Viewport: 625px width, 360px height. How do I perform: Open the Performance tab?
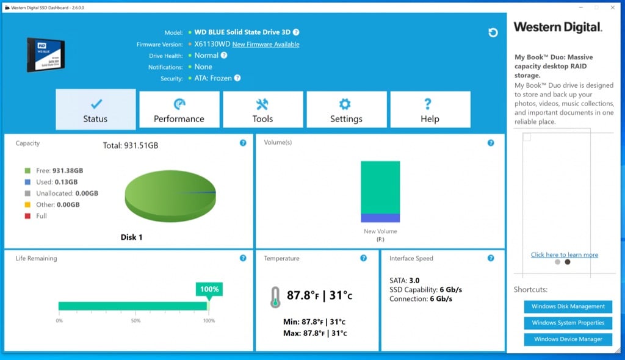click(179, 110)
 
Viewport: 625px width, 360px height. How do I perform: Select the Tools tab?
click(262, 110)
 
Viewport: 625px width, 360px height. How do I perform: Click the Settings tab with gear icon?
click(346, 110)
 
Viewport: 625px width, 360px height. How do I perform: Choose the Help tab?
click(430, 110)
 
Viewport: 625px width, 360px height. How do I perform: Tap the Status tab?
click(95, 110)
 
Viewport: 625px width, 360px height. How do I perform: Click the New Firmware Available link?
click(266, 45)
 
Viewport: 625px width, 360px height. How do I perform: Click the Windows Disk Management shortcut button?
click(568, 306)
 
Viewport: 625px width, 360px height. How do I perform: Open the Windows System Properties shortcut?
click(568, 323)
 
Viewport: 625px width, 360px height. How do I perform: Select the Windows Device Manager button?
click(568, 339)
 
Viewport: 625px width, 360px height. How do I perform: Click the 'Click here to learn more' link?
click(564, 255)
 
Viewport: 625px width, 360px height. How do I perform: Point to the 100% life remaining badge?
click(209, 289)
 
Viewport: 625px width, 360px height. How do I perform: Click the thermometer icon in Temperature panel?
click(275, 297)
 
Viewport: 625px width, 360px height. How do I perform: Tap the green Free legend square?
click(27, 171)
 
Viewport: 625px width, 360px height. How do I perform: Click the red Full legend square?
click(27, 216)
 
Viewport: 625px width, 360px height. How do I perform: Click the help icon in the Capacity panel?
click(243, 143)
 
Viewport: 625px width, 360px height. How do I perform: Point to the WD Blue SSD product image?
click(46, 55)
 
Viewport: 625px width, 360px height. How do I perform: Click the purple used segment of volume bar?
click(380, 218)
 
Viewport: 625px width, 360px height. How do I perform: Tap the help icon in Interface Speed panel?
click(491, 258)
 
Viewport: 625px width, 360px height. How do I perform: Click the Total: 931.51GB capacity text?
click(131, 146)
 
